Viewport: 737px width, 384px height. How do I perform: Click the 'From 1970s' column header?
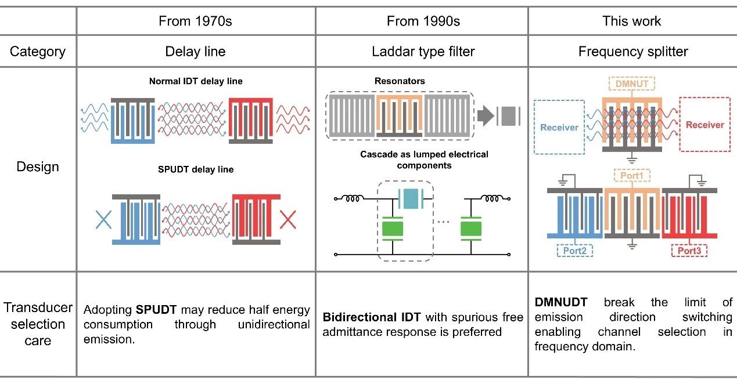[x=195, y=21]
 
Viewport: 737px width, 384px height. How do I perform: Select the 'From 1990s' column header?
[x=423, y=21]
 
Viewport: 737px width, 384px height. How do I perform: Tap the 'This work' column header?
[x=632, y=21]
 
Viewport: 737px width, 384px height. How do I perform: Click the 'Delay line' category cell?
[x=195, y=52]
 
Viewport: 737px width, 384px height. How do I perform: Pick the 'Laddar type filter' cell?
[x=423, y=52]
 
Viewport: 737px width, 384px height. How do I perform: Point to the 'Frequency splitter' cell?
[x=633, y=52]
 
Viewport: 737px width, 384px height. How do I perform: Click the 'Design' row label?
[x=38, y=167]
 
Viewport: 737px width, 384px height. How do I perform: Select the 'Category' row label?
[x=38, y=52]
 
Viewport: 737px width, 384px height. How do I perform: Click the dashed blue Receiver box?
[x=559, y=126]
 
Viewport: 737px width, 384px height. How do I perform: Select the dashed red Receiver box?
[x=704, y=125]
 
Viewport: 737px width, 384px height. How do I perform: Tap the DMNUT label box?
[x=631, y=84]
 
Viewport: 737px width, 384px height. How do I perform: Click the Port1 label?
[x=631, y=175]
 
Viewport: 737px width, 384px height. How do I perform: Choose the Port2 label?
[x=574, y=251]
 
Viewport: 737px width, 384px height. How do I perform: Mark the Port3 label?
[x=689, y=251]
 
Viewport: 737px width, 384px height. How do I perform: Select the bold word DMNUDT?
[x=560, y=302]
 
